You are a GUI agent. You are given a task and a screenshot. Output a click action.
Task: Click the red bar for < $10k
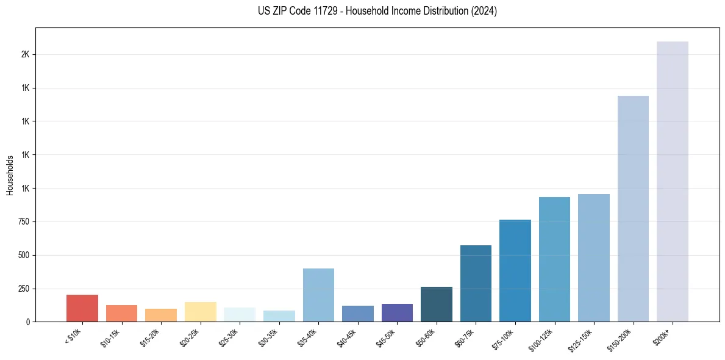coord(82,308)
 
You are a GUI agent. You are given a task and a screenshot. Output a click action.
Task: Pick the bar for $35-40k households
coord(318,295)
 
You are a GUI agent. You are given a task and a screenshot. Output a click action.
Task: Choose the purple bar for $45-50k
coord(397,312)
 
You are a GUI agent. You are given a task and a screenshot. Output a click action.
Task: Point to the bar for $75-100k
coord(515,270)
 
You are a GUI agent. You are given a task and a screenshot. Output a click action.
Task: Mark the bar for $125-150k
coord(594,257)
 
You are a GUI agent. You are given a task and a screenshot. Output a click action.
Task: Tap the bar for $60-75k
coord(476,283)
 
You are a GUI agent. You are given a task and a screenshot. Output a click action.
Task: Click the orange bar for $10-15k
coord(121,313)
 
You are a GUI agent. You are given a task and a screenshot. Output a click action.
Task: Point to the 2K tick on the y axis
coord(25,54)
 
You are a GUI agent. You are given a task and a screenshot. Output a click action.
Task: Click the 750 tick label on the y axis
coord(24,221)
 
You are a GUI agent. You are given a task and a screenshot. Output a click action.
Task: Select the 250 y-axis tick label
coord(24,288)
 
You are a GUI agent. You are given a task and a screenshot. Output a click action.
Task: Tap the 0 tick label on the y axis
coord(28,322)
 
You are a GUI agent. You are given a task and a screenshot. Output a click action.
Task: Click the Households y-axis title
coord(10,175)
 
